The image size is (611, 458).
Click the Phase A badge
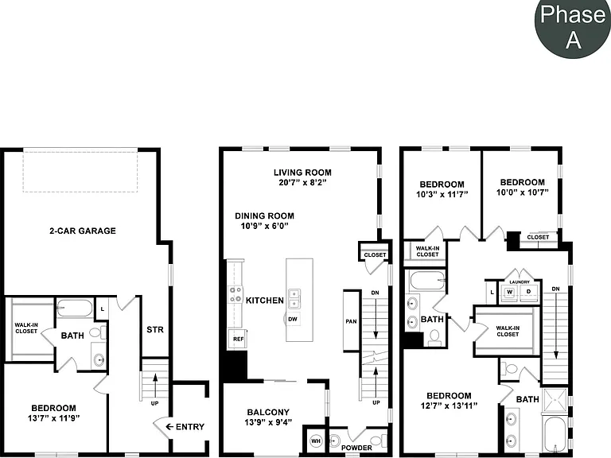572,26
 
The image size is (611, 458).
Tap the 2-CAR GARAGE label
83,231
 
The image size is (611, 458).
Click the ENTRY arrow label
185,427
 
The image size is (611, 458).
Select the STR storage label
155,330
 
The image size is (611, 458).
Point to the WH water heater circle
316,441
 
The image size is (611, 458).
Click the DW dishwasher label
293,320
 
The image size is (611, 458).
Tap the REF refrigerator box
238,339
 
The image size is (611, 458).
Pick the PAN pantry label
351,321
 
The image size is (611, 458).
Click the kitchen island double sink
294,298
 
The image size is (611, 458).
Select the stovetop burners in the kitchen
235,294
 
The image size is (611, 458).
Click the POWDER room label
356,448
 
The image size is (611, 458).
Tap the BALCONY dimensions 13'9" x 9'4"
268,422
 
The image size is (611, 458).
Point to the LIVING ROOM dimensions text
302,182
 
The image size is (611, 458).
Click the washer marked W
510,292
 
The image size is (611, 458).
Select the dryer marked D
529,292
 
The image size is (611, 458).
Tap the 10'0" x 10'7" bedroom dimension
522,192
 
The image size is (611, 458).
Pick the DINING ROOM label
264,215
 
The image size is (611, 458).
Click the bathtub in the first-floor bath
75,308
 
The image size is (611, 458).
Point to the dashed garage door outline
80,170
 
